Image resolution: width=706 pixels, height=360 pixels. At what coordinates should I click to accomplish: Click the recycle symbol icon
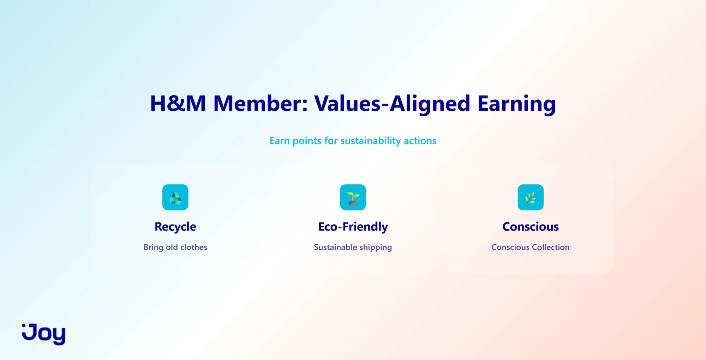175,197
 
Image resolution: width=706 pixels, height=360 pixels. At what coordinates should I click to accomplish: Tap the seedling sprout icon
353,197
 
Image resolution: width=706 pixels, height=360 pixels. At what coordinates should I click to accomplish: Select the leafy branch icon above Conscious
531,197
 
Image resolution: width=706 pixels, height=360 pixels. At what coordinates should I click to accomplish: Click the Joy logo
44,334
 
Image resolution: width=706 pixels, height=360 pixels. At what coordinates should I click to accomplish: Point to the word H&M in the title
178,104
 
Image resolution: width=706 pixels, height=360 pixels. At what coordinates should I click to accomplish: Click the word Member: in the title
261,104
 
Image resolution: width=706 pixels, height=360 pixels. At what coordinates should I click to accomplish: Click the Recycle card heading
175,227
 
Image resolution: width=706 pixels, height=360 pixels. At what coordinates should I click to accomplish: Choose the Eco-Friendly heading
353,227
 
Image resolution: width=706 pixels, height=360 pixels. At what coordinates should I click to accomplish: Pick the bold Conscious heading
531,226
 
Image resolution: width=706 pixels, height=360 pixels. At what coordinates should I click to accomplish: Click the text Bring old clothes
175,247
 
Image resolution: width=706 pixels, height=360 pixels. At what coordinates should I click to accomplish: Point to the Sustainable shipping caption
353,248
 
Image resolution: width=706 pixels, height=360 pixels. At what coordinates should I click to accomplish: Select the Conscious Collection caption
531,247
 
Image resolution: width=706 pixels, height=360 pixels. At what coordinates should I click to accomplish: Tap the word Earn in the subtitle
280,141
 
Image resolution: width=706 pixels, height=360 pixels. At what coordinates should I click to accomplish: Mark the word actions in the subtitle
420,141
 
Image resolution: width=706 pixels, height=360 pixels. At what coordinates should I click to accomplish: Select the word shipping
376,248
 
